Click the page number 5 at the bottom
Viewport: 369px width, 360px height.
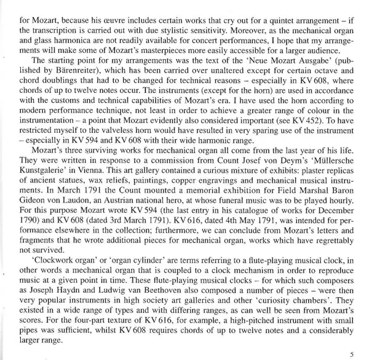click(350, 353)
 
